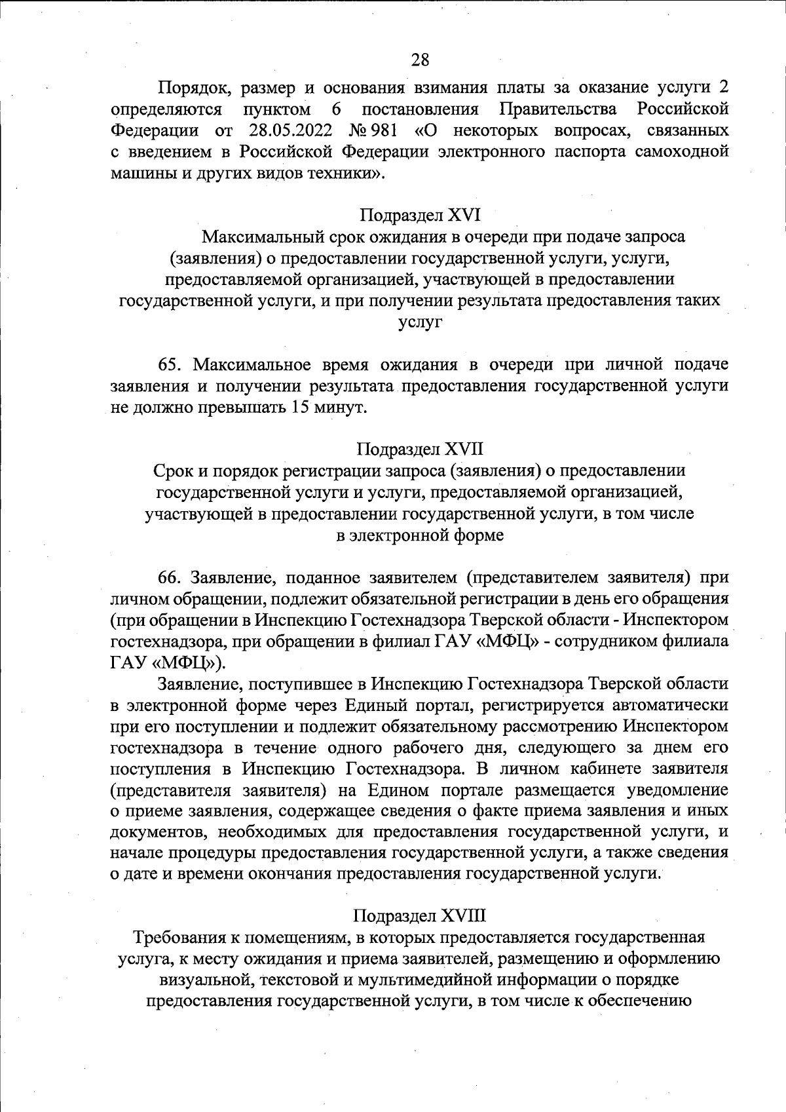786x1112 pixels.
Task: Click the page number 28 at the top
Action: [420, 60]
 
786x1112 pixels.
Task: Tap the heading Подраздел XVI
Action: [420, 215]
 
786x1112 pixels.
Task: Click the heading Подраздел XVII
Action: [420, 449]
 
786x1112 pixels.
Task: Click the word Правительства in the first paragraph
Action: [557, 108]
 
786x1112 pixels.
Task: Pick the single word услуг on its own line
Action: [420, 322]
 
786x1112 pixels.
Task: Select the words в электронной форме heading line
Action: [420, 535]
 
